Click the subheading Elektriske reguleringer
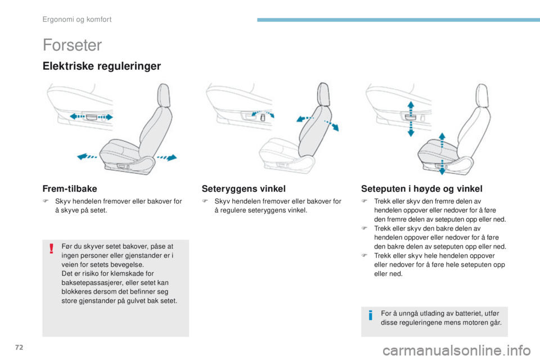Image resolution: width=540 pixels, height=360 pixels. [101, 66]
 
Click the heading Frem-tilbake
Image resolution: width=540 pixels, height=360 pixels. [70, 188]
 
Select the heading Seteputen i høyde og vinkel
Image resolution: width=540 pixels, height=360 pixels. [422, 188]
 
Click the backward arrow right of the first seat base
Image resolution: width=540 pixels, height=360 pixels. [169, 156]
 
